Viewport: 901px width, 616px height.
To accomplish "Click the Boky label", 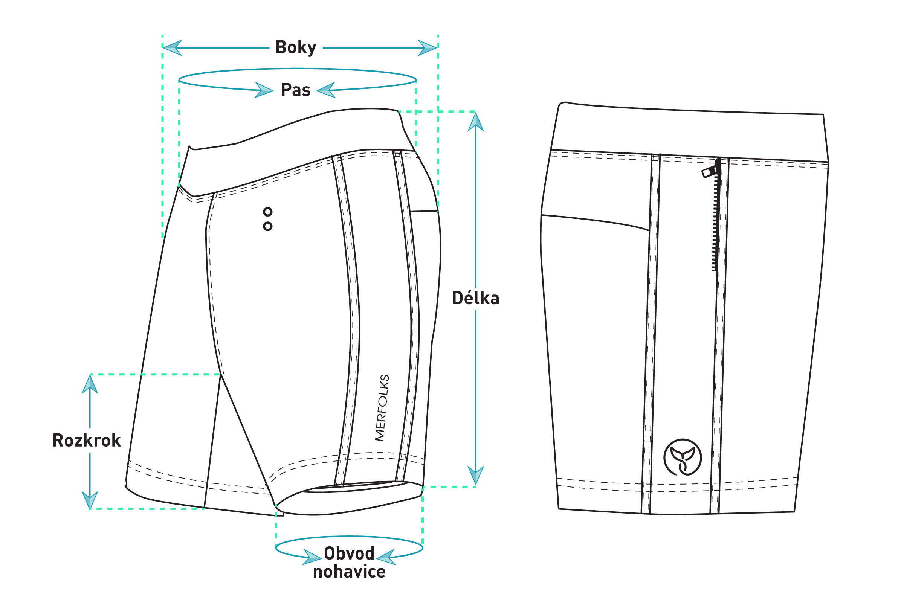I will pos(295,48).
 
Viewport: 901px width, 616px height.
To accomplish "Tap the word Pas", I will pos(295,90).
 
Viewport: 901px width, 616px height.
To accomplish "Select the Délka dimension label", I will pos(475,299).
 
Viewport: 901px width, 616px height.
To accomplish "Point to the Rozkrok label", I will pos(87,441).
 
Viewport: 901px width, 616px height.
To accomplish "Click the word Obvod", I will pos(349,553).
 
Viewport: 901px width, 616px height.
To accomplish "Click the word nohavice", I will pos(349,572).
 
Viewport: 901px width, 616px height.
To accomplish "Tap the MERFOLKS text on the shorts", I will pos(382,408).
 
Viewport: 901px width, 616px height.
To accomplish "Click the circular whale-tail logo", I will pos(682,457).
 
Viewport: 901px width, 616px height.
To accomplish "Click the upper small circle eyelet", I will pos(267,212).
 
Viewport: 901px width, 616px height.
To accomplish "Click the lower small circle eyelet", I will pos(267,226).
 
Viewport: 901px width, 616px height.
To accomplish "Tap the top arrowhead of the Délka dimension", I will pos(476,122).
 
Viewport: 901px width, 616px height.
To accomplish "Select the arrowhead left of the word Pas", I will pos(264,90).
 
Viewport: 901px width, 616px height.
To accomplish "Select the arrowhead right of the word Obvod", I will pos(386,558).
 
